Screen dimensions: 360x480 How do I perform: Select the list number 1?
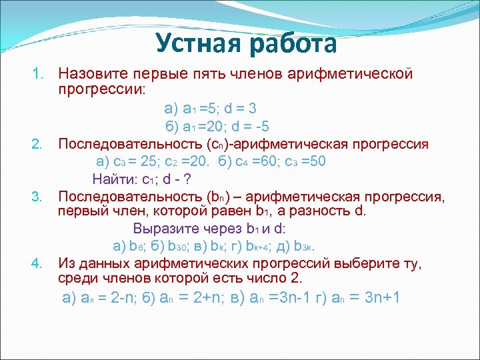(x=37, y=73)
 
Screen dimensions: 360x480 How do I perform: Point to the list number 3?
(x=37, y=197)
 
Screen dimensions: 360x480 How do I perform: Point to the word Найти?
(x=115, y=179)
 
